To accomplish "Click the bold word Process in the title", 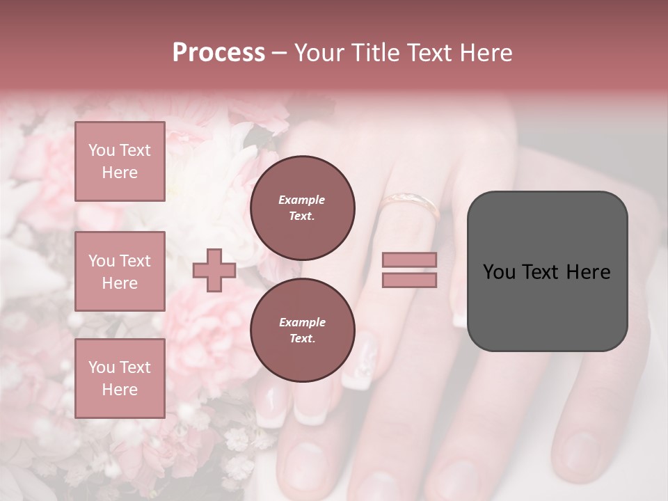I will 218,53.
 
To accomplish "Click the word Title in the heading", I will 372,53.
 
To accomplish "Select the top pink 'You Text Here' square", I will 120,161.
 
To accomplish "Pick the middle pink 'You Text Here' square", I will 120,271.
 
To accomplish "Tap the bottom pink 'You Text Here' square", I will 120,378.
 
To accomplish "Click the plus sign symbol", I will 214,270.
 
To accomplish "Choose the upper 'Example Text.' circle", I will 302,208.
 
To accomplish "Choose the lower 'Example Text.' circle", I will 302,331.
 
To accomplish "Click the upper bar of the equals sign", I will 409,260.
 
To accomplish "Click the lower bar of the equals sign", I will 409,280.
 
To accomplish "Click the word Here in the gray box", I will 588,272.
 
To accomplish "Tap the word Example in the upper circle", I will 302,200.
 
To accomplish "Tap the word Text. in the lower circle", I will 302,339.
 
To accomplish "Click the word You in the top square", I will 102,150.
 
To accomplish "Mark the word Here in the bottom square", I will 120,390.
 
